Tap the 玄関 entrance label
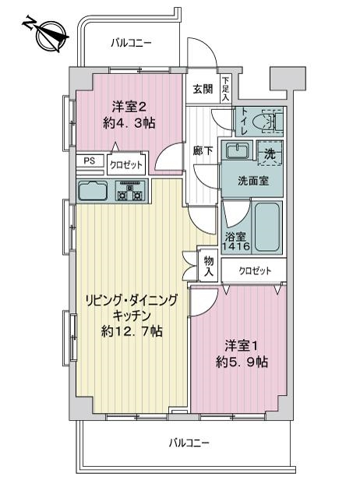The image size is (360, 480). [203, 89]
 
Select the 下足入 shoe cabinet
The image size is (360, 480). [226, 89]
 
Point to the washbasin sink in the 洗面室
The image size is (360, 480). [237, 150]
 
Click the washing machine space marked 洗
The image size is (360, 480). [270, 153]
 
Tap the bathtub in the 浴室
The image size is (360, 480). [267, 227]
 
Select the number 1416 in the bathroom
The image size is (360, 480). [235, 246]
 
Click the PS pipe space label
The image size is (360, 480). [90, 161]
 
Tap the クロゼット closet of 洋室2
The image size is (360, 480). [126, 164]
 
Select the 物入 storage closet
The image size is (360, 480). [209, 266]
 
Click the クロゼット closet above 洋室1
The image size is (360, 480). [254, 271]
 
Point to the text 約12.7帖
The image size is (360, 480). [132, 331]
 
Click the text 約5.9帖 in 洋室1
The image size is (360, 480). [242, 362]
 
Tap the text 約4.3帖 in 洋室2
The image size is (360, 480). [129, 123]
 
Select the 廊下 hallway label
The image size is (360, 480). [203, 150]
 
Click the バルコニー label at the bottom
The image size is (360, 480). [189, 443]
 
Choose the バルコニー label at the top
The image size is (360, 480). [131, 43]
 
